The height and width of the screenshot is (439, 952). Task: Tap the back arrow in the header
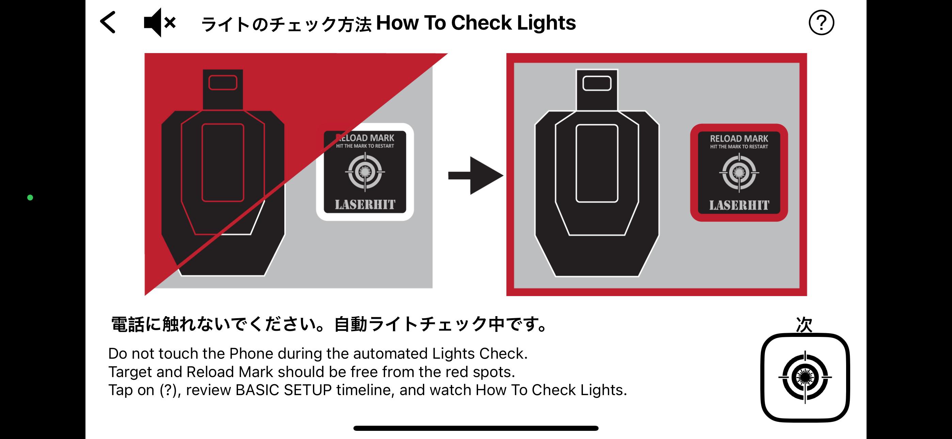[108, 22]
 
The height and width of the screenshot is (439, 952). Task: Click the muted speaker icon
[160, 22]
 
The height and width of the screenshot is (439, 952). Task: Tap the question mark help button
[821, 23]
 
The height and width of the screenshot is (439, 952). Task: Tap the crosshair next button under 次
[805, 377]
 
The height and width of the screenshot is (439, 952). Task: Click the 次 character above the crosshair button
[804, 325]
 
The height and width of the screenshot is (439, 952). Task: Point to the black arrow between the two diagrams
[476, 176]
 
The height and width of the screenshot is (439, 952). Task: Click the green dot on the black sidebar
[30, 198]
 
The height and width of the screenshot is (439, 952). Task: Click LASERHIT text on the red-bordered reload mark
[739, 206]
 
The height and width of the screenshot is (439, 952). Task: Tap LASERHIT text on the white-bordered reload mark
[365, 205]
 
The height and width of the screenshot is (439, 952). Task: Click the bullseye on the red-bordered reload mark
[739, 173]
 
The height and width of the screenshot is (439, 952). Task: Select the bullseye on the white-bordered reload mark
[365, 172]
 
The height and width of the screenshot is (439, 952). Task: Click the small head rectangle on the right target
[597, 83]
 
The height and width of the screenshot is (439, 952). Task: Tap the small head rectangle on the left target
[223, 82]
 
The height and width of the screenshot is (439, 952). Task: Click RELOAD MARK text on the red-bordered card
[739, 139]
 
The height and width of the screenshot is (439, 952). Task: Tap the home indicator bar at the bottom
[476, 428]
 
